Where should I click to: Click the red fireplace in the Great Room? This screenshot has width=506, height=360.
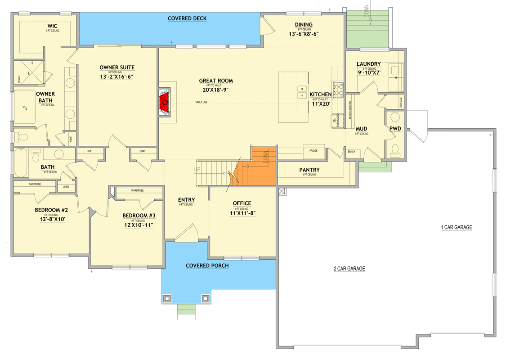165,102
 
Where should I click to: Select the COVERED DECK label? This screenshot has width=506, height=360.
187,18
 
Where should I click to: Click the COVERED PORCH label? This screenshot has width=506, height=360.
207,265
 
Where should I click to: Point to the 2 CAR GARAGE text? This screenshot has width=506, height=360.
349,269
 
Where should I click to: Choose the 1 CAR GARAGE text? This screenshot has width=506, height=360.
456,227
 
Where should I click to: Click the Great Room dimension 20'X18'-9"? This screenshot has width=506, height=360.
216,90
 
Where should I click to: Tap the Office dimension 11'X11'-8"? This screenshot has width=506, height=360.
242,214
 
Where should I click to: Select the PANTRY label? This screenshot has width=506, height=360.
309,170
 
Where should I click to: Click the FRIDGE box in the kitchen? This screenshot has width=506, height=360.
313,151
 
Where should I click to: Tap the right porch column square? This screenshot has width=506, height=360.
206,298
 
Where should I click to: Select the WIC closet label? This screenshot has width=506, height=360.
53,25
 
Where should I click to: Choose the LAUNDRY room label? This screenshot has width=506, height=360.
369,64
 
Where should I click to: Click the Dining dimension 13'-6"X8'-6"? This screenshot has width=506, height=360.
304,34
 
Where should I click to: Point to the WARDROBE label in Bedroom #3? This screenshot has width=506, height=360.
138,190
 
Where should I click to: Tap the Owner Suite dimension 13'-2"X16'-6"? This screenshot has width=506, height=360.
117,76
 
